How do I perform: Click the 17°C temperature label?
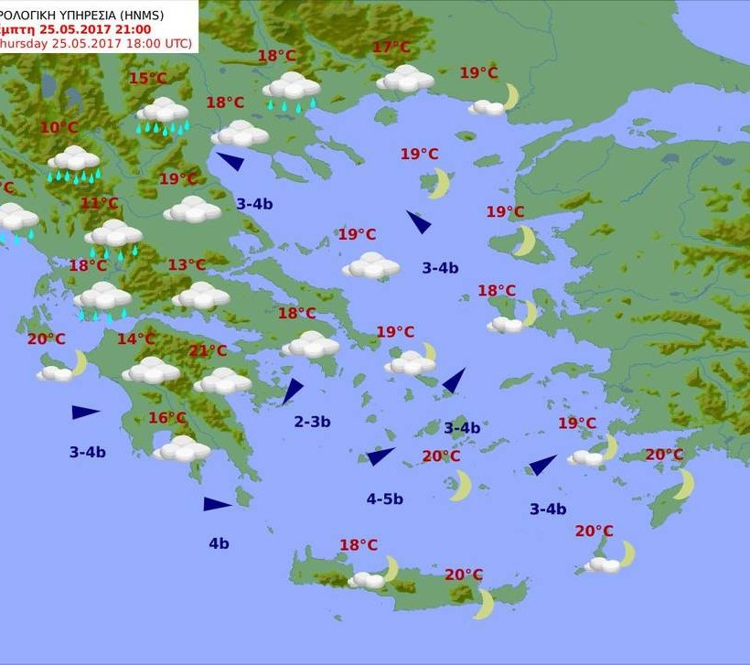tap(391, 48)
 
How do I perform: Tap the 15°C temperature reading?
tap(147, 79)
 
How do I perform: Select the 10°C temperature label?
tap(59, 127)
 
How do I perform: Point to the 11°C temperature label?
tap(99, 203)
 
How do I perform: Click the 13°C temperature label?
tap(187, 265)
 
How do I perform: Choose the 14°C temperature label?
tap(135, 339)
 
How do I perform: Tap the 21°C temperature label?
tap(208, 350)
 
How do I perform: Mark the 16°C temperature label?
tap(167, 418)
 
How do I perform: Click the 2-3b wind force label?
tap(312, 422)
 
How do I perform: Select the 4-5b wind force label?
tap(385, 499)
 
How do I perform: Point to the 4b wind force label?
tap(219, 543)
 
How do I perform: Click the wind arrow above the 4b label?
tap(218, 504)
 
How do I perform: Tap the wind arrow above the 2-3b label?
tap(292, 391)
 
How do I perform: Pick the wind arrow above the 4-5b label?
tap(380, 456)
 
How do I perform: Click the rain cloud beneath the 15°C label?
tap(163, 115)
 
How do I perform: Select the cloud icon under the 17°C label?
tap(404, 79)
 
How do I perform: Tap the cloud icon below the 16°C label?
tap(182, 449)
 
